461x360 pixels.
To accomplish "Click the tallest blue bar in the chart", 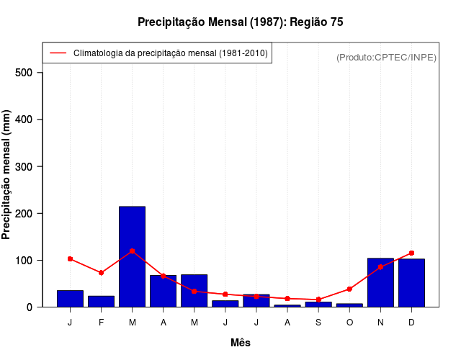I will (132, 256).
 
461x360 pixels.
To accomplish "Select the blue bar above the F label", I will (101, 301).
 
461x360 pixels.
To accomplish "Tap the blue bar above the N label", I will (380, 282).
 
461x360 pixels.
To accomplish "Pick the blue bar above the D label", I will (411, 283).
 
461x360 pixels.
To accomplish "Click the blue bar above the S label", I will (318, 304).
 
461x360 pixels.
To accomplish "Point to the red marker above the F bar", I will (101, 273).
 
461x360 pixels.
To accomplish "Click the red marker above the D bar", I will (411, 253).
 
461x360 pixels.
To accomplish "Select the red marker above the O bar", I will (349, 289).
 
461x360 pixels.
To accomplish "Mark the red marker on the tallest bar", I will (132, 251).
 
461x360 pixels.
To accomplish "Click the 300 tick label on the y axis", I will (25, 166).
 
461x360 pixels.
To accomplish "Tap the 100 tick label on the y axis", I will (25, 260).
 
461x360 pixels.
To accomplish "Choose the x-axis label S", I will (318, 322).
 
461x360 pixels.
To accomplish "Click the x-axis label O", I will (349, 322).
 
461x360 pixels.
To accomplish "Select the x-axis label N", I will (380, 322).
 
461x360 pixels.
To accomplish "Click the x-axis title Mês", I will (241, 343).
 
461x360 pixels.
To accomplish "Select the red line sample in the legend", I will (58, 53).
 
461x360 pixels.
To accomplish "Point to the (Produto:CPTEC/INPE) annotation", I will (386, 57).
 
